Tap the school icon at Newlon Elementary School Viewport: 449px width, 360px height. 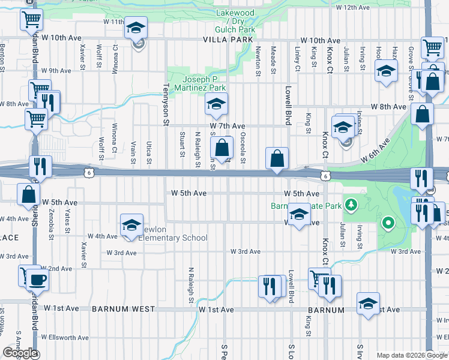tap(131, 225)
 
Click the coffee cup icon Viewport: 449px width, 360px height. tap(38, 279)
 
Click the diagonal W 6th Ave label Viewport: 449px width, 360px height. tap(376, 149)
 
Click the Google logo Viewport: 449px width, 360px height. tap(20, 353)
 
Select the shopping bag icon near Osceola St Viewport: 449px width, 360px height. tap(222, 147)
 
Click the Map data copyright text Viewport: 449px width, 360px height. tap(412, 355)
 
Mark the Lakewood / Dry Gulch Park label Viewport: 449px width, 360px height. tap(235, 21)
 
